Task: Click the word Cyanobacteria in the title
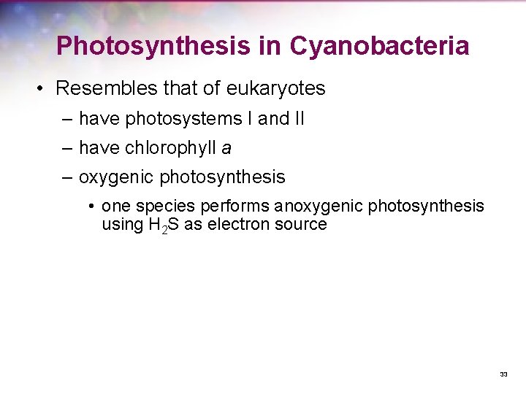(x=379, y=46)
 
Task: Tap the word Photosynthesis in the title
(x=153, y=46)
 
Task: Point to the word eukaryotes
(x=275, y=89)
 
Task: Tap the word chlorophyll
(x=172, y=148)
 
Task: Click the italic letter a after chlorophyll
(x=226, y=149)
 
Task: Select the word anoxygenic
(x=319, y=206)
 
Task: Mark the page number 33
(x=503, y=374)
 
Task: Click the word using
(x=121, y=225)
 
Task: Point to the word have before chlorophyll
(x=100, y=148)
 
